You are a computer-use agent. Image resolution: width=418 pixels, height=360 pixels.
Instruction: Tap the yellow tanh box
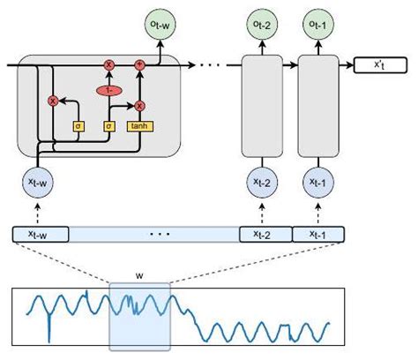pyautogui.click(x=138, y=126)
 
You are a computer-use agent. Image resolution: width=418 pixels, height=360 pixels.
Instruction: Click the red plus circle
pyautogui.click(x=138, y=65)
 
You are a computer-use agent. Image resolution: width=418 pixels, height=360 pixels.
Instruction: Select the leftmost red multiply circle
pyautogui.click(x=52, y=101)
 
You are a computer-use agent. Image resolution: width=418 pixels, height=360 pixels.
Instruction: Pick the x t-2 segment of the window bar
pyautogui.click(x=262, y=235)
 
